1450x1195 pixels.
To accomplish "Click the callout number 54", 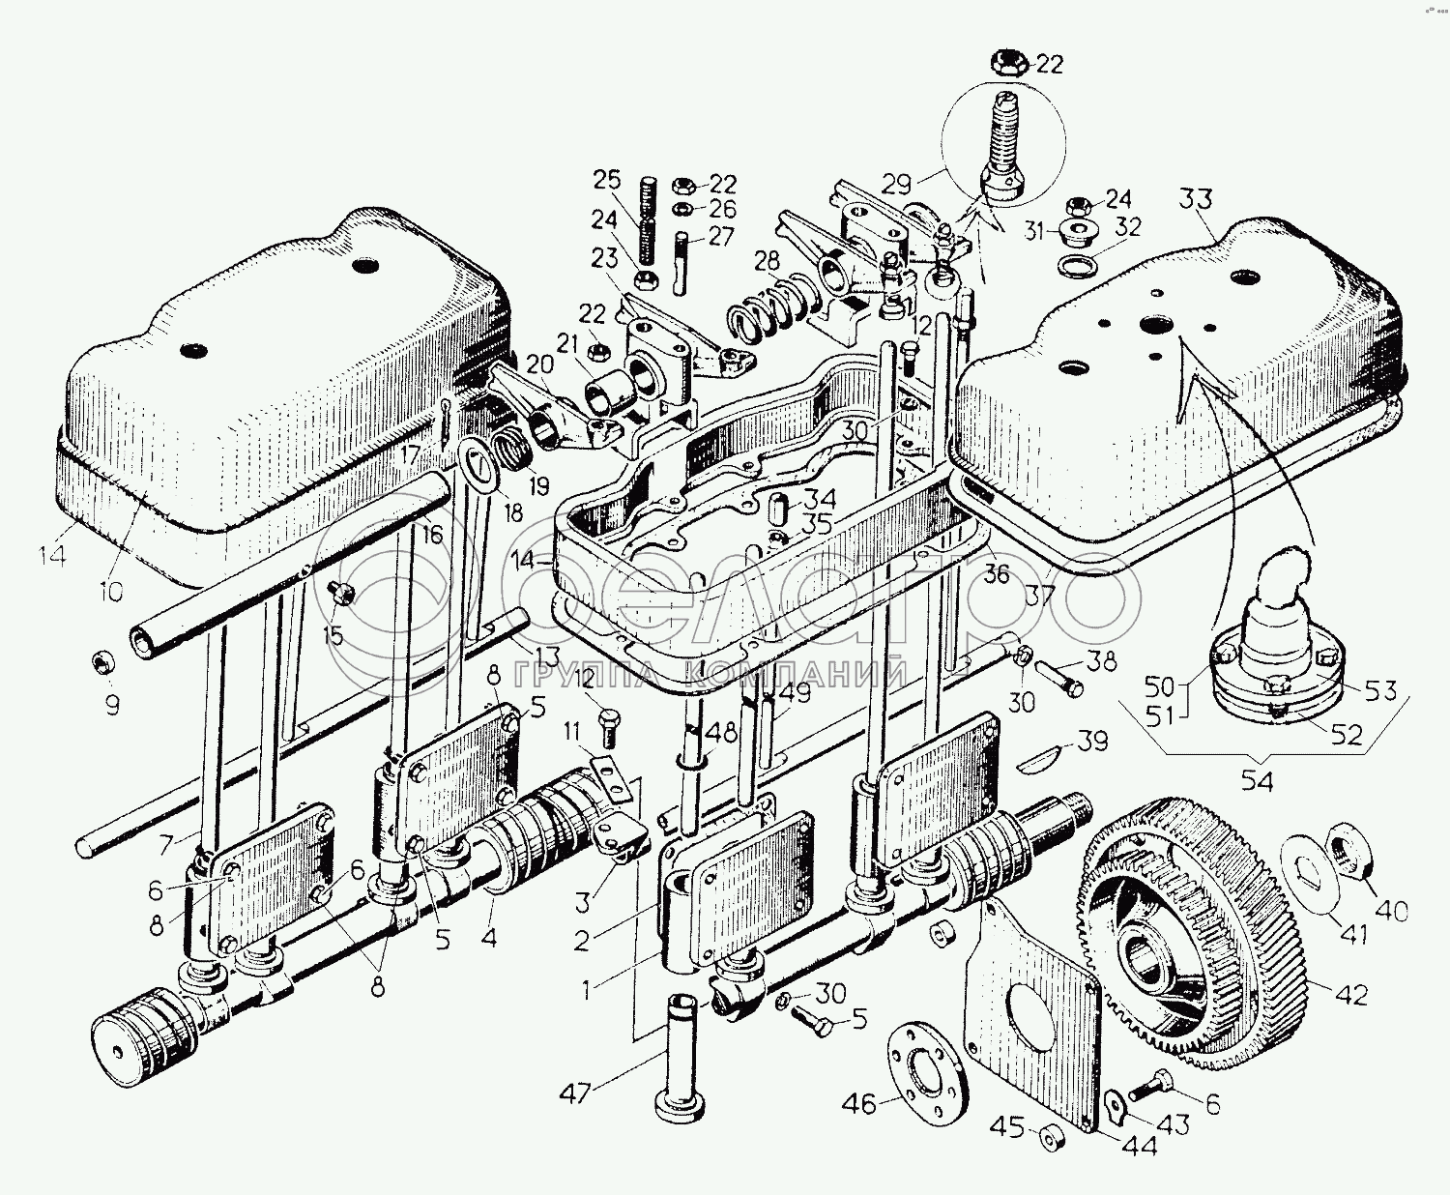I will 1258,781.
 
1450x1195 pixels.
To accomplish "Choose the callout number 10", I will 110,590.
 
